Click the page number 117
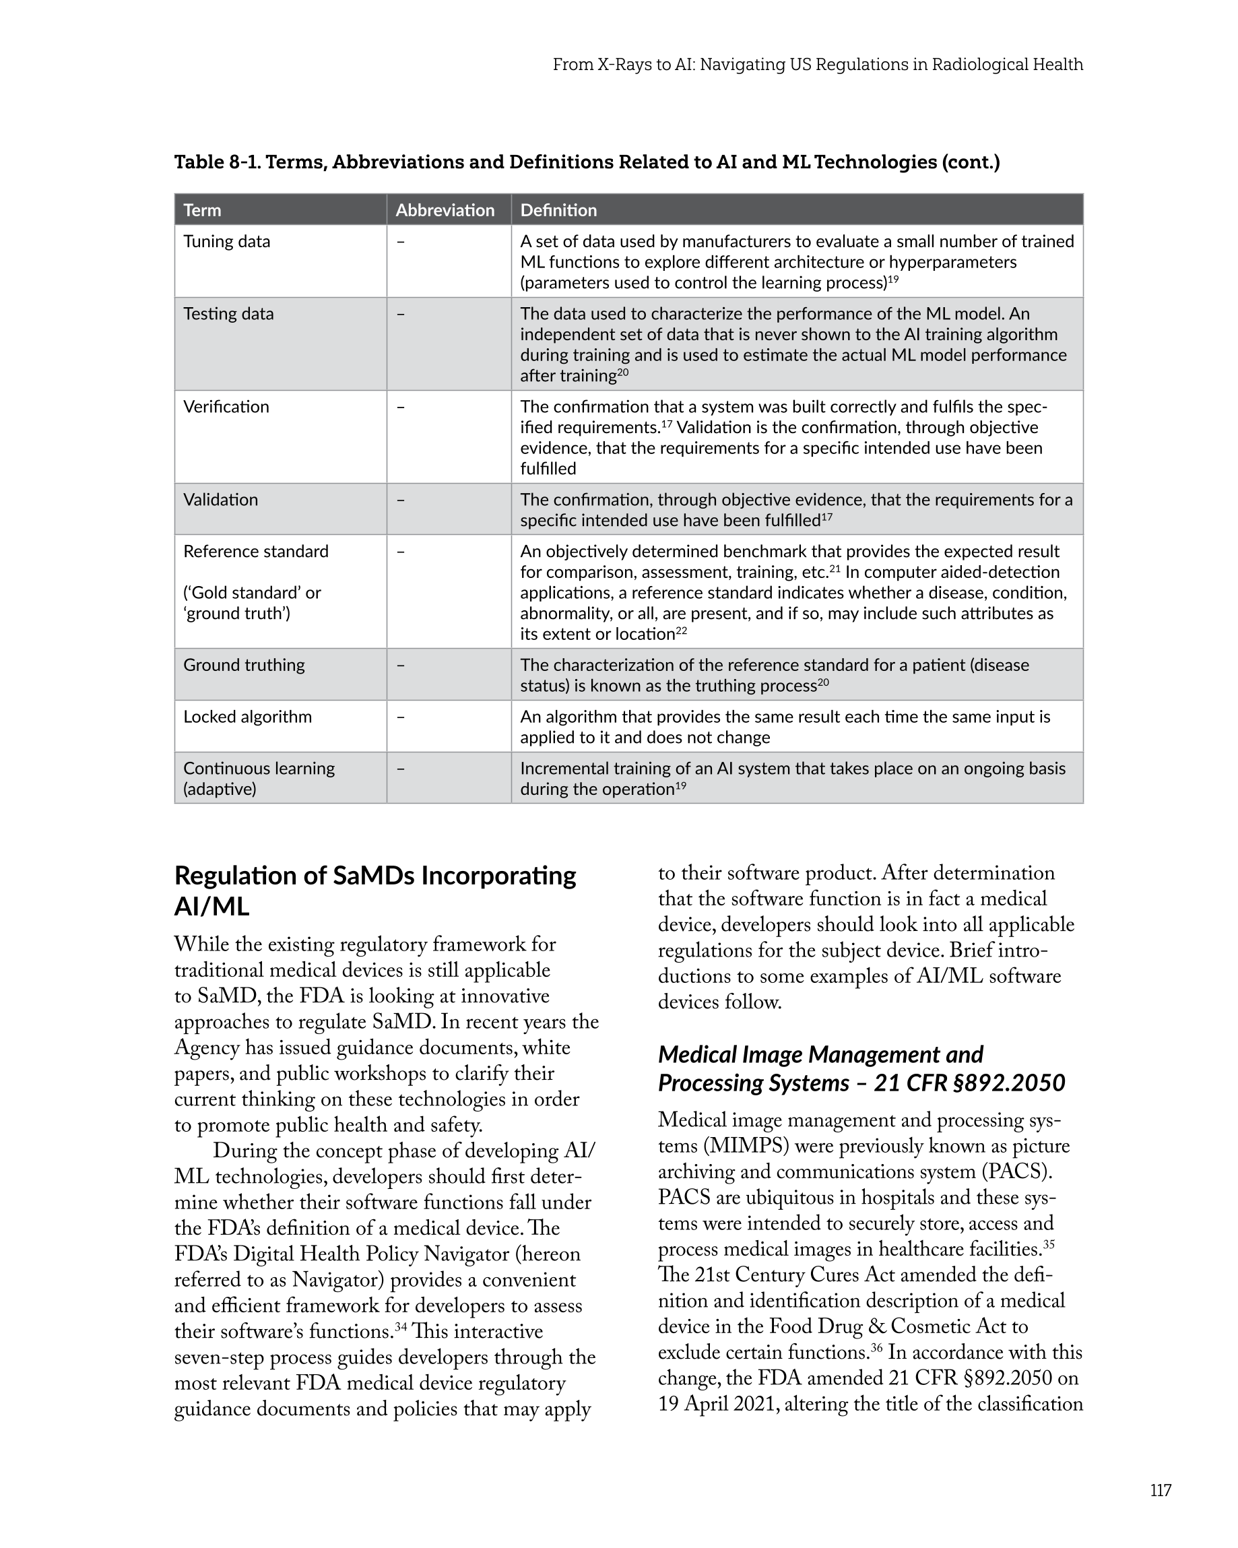(x=1160, y=1491)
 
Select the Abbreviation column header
(x=445, y=210)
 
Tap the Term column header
(x=202, y=210)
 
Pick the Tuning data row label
(x=226, y=241)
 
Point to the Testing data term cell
(x=228, y=314)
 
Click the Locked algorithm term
(x=247, y=717)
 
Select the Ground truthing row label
(x=243, y=665)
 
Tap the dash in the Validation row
(x=400, y=500)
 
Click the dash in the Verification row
(x=400, y=407)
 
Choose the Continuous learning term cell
(x=259, y=778)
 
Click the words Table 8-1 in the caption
(x=216, y=162)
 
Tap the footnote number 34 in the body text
(x=400, y=1327)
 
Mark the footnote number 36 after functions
(x=876, y=1348)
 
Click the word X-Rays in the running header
(x=625, y=65)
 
